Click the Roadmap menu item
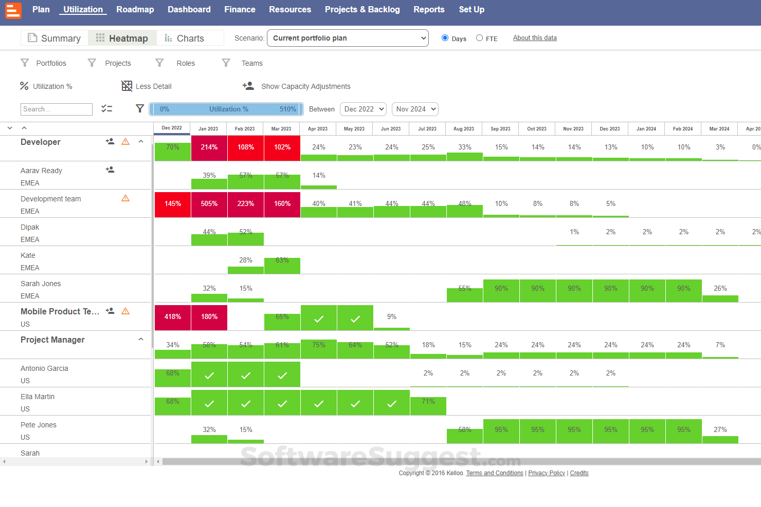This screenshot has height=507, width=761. [x=135, y=9]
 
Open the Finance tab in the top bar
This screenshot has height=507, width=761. [x=240, y=9]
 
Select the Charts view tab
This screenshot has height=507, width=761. [x=184, y=38]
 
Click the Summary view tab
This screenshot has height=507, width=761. [x=55, y=38]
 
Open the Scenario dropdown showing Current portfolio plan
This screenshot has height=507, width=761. [x=348, y=38]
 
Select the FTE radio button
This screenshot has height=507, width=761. [x=479, y=38]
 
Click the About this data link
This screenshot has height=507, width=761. [x=535, y=38]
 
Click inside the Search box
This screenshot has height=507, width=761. [x=57, y=109]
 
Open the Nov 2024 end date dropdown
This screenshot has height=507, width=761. [x=415, y=109]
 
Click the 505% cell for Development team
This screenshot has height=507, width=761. [x=209, y=204]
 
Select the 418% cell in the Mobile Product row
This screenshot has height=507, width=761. [x=173, y=317]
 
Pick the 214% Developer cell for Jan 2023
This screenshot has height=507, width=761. [x=209, y=147]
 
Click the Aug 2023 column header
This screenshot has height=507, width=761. [x=464, y=129]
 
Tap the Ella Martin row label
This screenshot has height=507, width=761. [x=38, y=397]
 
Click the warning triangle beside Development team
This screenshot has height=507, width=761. [x=125, y=198]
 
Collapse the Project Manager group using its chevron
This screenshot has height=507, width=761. [x=141, y=340]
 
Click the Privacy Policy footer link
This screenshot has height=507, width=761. [x=547, y=473]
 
